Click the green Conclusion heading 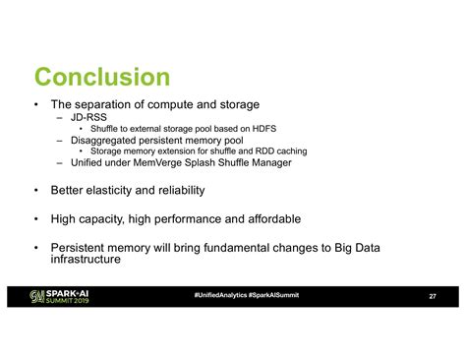point(102,76)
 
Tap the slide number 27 point(433,297)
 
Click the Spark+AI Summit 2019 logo point(61,297)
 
